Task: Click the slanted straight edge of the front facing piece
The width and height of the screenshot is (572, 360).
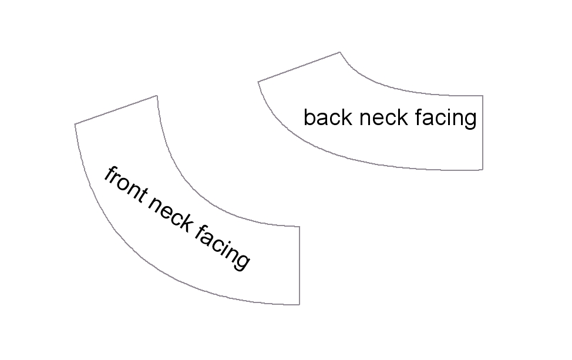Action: (116, 110)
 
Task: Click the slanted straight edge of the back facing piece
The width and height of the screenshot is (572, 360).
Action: (298, 67)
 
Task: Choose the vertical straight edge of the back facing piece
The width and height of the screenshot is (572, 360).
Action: (482, 132)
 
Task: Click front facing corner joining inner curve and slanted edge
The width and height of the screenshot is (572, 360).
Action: (157, 95)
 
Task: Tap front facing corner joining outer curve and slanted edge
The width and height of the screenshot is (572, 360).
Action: (75, 124)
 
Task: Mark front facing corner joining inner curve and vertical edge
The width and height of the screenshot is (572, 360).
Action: (300, 226)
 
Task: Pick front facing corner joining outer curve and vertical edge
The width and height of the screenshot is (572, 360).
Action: (300, 305)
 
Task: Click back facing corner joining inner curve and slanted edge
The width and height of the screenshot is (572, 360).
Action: (339, 52)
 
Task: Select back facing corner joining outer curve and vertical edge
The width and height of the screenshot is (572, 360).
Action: (482, 170)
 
